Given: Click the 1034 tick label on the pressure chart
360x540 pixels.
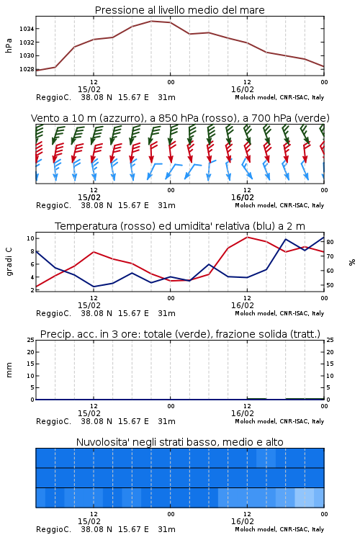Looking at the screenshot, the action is tap(27, 29).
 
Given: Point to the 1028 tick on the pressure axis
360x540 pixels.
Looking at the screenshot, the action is tap(27, 69).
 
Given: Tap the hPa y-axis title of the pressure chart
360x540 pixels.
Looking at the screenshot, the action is tap(9, 45).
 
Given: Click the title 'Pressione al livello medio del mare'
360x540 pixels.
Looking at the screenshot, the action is tap(180, 10).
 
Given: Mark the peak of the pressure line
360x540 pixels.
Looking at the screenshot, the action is tap(151, 21).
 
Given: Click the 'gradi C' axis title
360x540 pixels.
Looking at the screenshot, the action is tap(9, 261).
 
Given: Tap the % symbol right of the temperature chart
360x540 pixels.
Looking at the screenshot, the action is tap(352, 262).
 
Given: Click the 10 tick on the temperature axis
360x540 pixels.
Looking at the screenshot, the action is tap(30, 238).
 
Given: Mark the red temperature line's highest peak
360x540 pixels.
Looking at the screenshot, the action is tap(247, 237).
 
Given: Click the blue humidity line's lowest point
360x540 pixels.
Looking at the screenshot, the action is tap(94, 287).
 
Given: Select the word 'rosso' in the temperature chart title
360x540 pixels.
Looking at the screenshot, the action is tap(138, 226).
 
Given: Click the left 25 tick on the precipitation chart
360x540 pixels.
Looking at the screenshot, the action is tap(30, 340).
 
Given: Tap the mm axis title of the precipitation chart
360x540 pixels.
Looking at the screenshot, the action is tap(9, 370).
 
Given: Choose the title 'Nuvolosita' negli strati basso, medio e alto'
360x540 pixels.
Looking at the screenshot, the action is tap(180, 442).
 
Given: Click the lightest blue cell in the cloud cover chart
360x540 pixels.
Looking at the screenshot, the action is tap(305, 498).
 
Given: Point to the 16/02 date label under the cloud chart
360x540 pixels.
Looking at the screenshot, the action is tap(243, 521).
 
